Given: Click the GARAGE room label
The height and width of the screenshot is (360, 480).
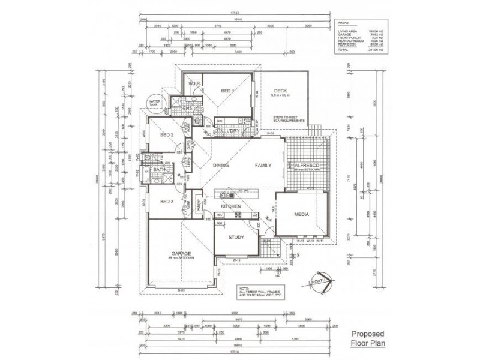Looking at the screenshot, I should click(x=181, y=253).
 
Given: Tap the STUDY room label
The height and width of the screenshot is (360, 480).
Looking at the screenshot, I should click(x=236, y=238).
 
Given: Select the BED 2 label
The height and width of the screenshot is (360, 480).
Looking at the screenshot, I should click(x=167, y=135).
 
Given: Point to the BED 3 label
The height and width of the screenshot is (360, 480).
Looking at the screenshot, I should click(x=167, y=202).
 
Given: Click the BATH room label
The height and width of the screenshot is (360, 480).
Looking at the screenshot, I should click(x=159, y=170).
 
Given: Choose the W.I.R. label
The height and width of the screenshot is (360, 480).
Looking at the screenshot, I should click(x=194, y=83).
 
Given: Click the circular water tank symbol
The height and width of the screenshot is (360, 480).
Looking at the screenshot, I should click(x=155, y=104).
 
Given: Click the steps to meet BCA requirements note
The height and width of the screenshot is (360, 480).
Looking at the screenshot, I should click(x=289, y=119).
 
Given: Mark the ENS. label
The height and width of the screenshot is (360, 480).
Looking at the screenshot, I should click(x=187, y=108).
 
